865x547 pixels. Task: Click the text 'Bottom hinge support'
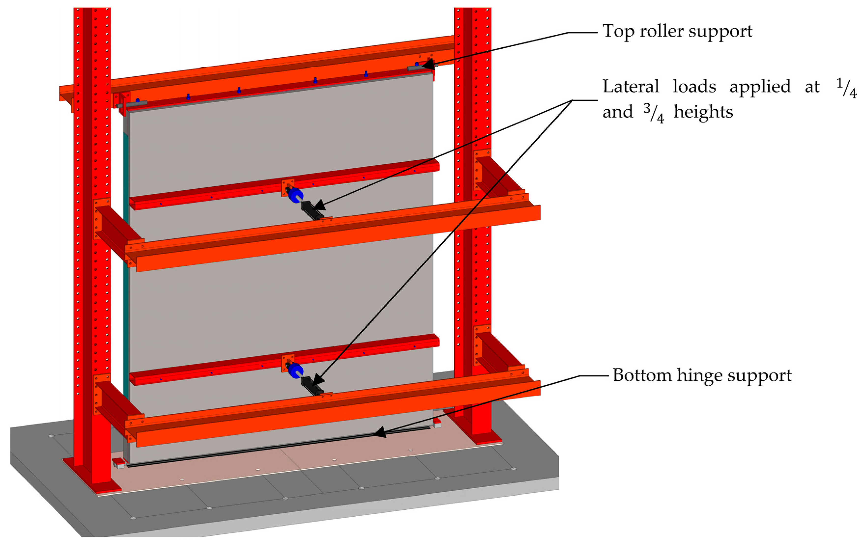click(x=702, y=376)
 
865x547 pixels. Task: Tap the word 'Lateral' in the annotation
click(x=631, y=87)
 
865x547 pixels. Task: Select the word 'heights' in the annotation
click(x=703, y=112)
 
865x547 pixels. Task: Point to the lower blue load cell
click(x=295, y=371)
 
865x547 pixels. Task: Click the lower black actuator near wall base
click(x=311, y=386)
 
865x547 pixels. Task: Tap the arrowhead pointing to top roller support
click(x=428, y=65)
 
